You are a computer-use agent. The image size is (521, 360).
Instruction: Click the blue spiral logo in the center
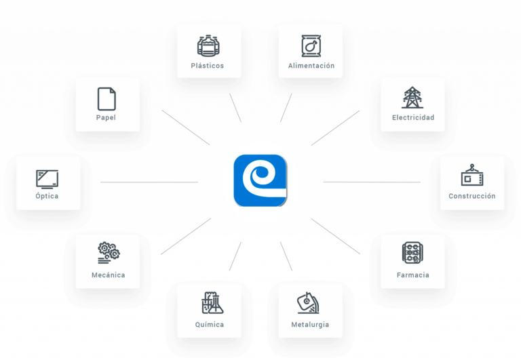tap(260, 180)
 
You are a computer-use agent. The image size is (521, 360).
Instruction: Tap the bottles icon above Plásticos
tap(208, 45)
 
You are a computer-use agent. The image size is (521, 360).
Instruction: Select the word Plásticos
tap(208, 66)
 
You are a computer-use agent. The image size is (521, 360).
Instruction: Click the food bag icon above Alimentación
tap(311, 45)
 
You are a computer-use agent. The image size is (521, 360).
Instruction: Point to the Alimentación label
tap(311, 66)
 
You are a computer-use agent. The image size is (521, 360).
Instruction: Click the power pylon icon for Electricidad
tap(412, 98)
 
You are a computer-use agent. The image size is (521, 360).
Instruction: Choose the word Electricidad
tap(413, 117)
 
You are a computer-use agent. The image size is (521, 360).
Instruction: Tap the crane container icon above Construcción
tap(472, 175)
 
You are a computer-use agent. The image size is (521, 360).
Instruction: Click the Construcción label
tap(472, 196)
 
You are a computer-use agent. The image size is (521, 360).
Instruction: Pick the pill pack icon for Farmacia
tap(412, 253)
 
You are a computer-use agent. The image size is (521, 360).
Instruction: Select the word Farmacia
tap(412, 275)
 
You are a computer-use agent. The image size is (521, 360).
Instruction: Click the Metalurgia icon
tap(308, 303)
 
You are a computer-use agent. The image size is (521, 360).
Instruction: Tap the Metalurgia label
tap(310, 325)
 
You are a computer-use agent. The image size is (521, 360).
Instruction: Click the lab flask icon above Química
tap(212, 303)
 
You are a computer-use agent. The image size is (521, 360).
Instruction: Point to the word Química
tap(210, 325)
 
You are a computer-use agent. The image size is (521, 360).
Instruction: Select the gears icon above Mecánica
tap(109, 253)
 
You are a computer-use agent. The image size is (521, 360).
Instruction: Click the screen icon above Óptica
tap(47, 180)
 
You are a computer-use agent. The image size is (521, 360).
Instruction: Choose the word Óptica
tap(47, 196)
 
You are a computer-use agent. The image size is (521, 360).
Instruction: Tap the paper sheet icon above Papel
tap(107, 98)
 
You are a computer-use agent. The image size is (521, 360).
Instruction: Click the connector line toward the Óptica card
tap(149, 182)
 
